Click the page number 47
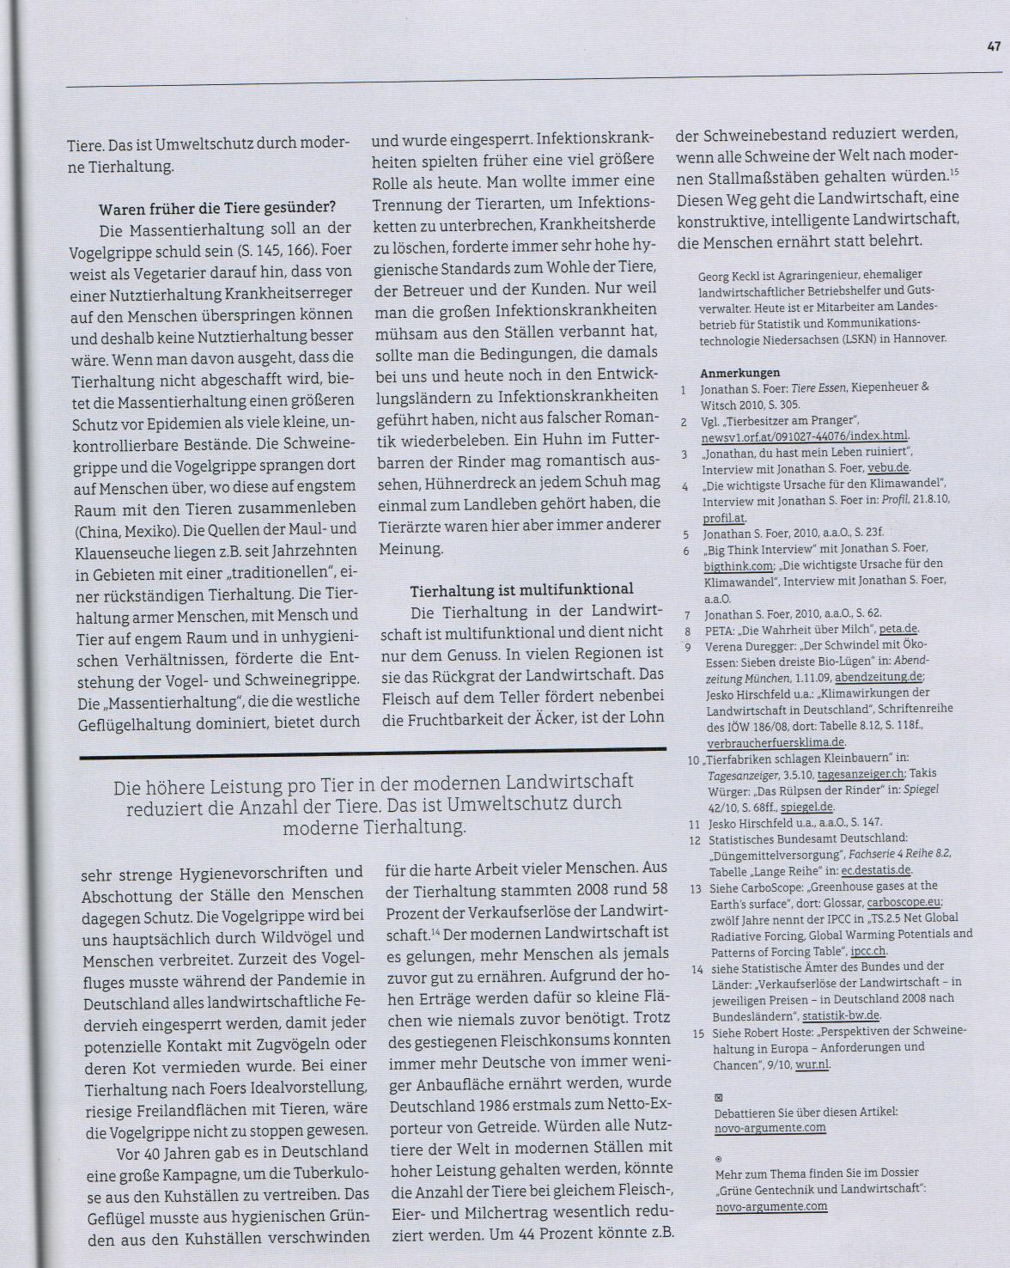click(x=994, y=48)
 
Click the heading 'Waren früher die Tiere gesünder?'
click(x=217, y=207)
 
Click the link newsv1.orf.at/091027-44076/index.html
click(x=805, y=436)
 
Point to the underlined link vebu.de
click(x=889, y=467)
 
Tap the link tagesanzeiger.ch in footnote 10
click(x=860, y=775)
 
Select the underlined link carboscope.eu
click(x=904, y=902)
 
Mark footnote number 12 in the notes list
click(x=695, y=838)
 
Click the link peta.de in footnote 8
click(x=898, y=630)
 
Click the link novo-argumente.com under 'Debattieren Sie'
click(x=770, y=1127)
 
